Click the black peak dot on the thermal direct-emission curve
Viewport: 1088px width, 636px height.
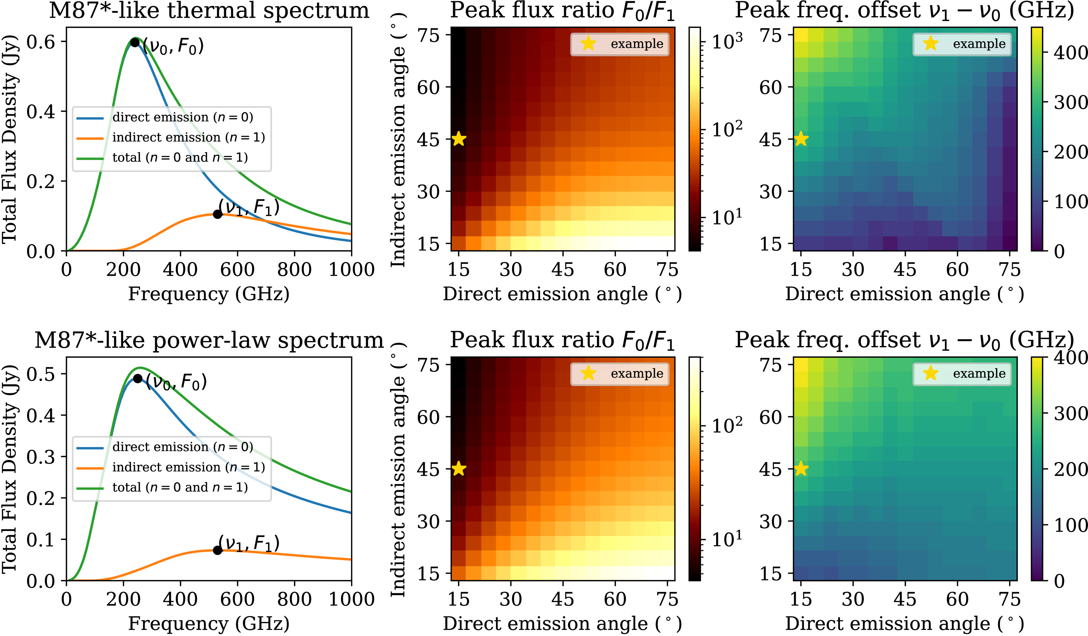click(x=135, y=42)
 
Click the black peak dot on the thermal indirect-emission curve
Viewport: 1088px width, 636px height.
click(x=218, y=214)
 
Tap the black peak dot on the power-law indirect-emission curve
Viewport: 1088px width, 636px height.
click(x=218, y=550)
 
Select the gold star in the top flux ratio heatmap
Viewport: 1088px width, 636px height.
click(x=459, y=139)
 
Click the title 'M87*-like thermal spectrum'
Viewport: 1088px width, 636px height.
click(x=209, y=10)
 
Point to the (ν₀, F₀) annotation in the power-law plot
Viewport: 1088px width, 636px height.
click(x=176, y=381)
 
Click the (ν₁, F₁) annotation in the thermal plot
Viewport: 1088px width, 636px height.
click(x=249, y=207)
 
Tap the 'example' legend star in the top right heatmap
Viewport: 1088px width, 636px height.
click(x=931, y=44)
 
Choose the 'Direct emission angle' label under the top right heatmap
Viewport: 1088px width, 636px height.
click(x=904, y=294)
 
